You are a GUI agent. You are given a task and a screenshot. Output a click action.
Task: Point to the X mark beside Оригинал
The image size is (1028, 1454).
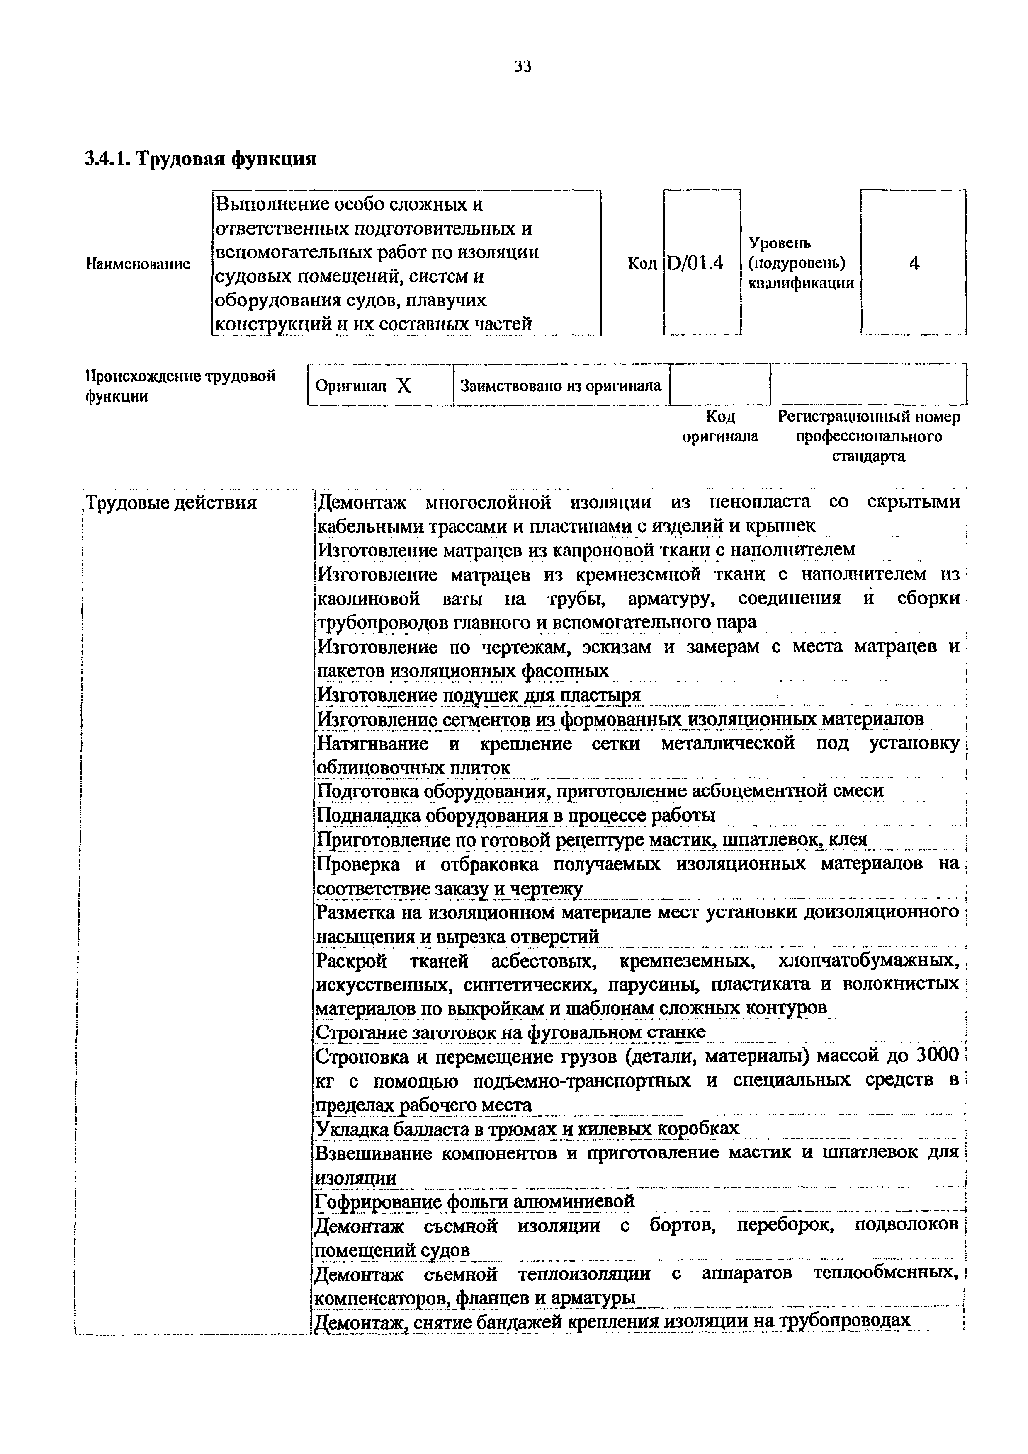point(404,385)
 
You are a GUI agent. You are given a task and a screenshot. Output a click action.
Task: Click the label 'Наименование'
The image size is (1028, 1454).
point(138,264)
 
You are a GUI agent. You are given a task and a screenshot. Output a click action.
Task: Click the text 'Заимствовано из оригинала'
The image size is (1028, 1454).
point(561,385)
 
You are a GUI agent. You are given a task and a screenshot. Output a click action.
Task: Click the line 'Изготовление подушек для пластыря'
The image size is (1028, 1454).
point(479,695)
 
